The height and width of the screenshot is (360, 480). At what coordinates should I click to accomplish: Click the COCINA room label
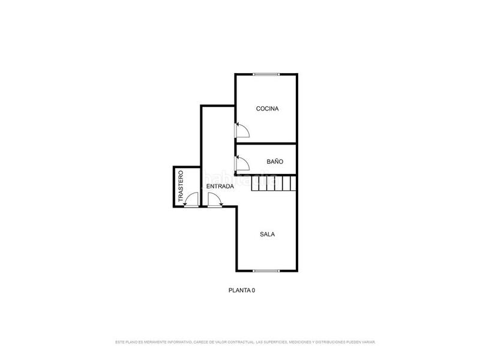point(268,109)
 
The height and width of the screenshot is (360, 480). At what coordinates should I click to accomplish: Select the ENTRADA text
point(220,187)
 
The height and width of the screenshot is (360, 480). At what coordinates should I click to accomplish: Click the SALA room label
point(268,234)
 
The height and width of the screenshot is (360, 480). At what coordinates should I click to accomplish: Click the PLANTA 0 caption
point(242,290)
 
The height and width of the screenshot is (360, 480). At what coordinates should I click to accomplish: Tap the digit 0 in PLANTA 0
point(253,290)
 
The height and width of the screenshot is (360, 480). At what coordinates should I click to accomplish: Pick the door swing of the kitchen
point(242,130)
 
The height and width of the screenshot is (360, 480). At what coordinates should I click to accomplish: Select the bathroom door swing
point(242,163)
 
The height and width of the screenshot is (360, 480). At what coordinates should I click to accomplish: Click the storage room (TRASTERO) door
point(192,200)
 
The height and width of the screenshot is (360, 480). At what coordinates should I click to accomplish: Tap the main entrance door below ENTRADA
point(214,200)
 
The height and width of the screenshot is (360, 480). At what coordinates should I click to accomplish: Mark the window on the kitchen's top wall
point(266,74)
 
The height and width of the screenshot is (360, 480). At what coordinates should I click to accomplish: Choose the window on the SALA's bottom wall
point(266,271)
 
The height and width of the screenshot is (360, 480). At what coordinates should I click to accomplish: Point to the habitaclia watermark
point(240,178)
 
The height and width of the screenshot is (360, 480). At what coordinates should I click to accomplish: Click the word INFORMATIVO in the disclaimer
point(178,342)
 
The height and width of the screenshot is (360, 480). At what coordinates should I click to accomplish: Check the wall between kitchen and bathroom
point(266,144)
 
